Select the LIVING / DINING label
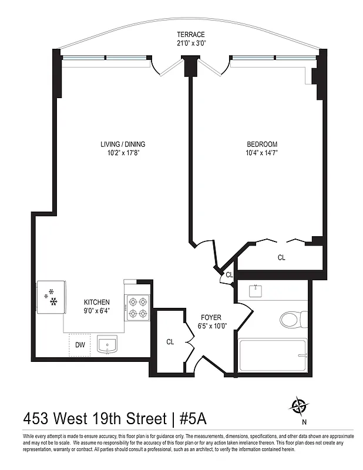pyautogui.click(x=123, y=144)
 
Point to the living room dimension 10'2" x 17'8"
pyautogui.click(x=123, y=153)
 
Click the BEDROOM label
pyautogui.click(x=262, y=144)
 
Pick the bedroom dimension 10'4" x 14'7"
pyautogui.click(x=262, y=153)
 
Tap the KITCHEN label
pyautogui.click(x=97, y=302)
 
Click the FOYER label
pyautogui.click(x=210, y=317)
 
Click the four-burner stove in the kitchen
pyautogui.click(x=137, y=307)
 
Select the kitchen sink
pyautogui.click(x=107, y=345)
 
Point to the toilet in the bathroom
pyautogui.click(x=290, y=319)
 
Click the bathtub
pyautogui.click(x=273, y=356)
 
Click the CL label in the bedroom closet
pyautogui.click(x=281, y=257)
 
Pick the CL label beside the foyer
pyautogui.click(x=170, y=341)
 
